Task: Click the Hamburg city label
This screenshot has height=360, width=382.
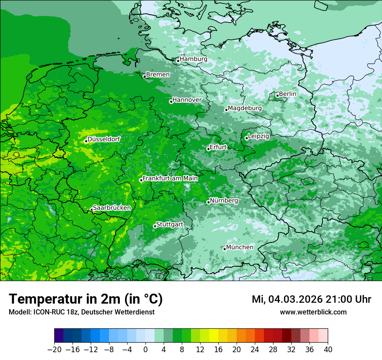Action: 194,59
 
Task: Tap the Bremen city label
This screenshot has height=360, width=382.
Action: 158,75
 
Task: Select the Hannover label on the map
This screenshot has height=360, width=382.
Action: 187,100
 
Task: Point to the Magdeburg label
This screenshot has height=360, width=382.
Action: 245,108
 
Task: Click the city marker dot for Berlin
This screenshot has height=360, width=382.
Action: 277,95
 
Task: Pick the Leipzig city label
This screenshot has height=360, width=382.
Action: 259,136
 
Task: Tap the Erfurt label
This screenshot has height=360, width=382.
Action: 218,147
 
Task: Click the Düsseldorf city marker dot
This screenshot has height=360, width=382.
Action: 86,141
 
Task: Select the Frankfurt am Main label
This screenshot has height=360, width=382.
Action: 170,178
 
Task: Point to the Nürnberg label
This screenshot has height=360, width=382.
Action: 224,201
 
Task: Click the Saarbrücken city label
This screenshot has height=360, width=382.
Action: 112,208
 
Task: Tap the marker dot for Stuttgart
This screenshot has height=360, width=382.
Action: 155,226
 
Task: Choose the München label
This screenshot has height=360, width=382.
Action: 240,247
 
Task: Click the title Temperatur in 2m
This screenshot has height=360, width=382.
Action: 86,299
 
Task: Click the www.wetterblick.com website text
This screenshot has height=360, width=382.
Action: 313,312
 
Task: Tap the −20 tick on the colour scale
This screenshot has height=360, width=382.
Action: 55,350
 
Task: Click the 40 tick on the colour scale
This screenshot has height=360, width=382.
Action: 328,350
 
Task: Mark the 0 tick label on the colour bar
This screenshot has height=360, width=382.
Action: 145,350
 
